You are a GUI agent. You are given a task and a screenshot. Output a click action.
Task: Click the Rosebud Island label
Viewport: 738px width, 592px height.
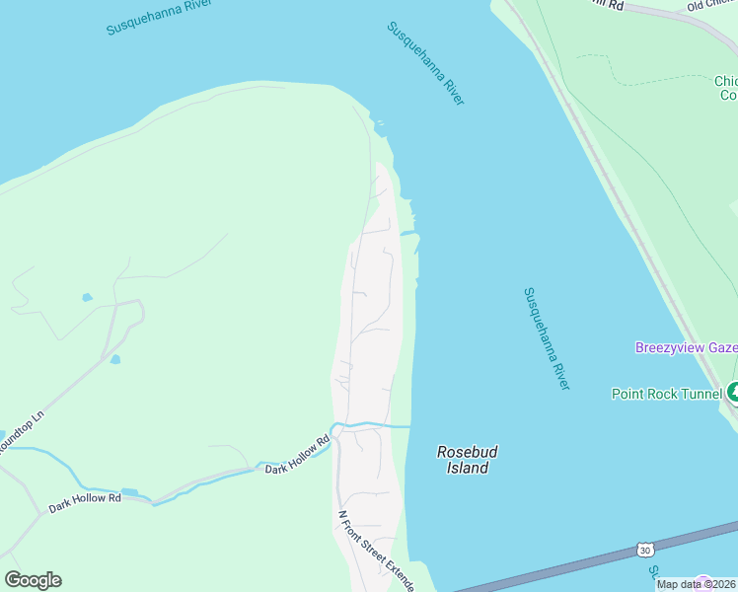[467, 460]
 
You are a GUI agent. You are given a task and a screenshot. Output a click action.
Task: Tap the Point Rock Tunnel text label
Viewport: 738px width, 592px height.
[666, 394]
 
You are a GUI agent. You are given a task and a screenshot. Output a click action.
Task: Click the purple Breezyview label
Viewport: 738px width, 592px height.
[685, 347]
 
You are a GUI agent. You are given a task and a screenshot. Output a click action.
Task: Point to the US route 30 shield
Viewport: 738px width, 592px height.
[644, 550]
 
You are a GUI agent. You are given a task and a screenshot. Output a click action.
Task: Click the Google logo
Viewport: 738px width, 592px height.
[33, 580]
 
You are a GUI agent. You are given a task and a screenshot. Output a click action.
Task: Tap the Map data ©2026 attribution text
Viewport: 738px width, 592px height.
[697, 584]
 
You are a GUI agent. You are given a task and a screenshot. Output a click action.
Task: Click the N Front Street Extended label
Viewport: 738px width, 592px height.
[376, 551]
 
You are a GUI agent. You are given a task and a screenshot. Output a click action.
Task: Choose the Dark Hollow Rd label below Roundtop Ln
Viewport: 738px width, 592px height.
[85, 500]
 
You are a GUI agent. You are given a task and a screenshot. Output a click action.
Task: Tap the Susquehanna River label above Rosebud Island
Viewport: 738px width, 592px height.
[548, 338]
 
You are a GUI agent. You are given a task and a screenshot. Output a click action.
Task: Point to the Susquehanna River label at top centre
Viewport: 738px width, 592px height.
[425, 63]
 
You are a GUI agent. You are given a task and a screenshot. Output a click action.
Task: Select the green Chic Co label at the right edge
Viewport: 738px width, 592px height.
[726, 88]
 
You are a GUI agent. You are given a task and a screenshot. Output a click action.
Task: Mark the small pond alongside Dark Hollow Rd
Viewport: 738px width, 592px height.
[129, 491]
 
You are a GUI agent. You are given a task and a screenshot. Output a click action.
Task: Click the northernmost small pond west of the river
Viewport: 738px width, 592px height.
[87, 297]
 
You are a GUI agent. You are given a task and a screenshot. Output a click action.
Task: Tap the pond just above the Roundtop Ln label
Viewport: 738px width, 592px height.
[115, 359]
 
